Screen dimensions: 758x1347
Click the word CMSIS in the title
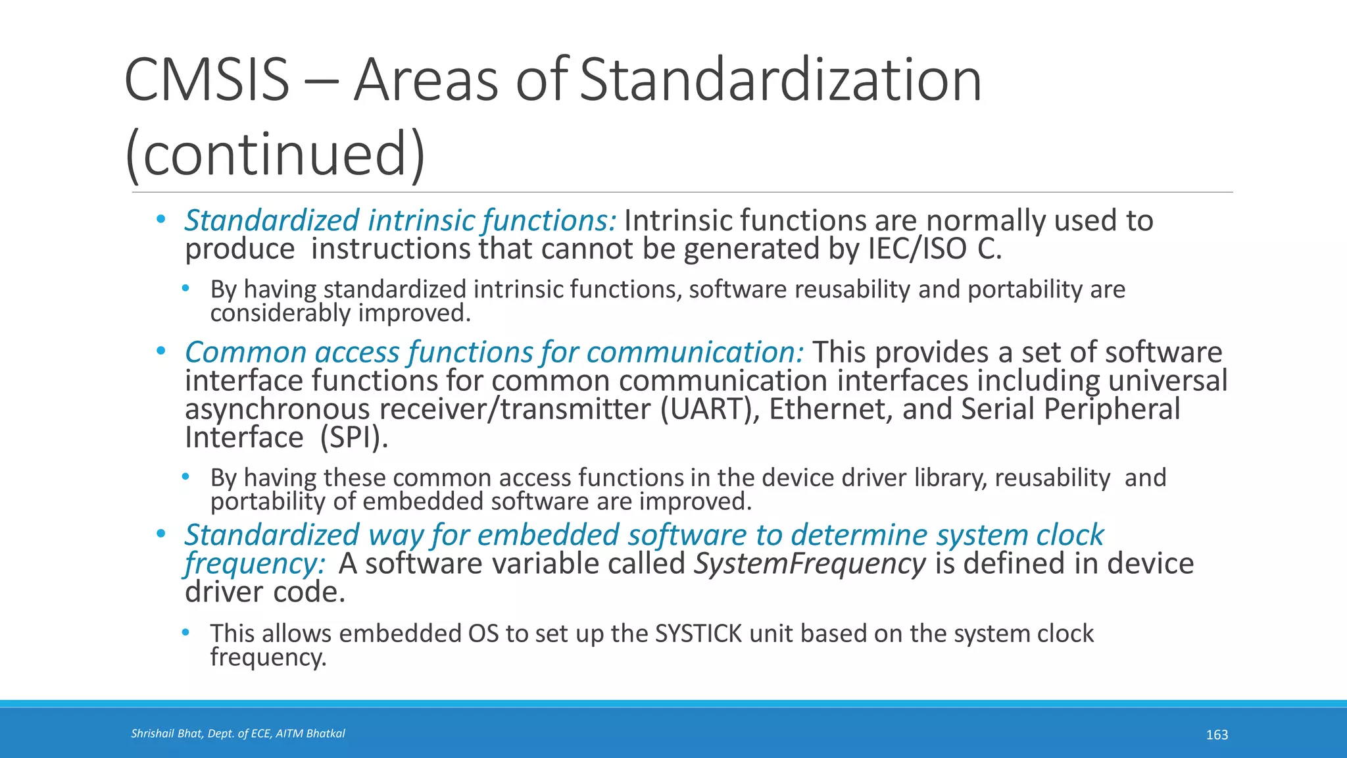point(207,80)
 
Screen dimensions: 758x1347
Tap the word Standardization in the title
point(781,80)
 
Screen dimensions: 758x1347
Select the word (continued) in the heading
point(275,154)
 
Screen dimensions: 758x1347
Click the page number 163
point(1217,735)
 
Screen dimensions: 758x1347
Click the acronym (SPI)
point(354,438)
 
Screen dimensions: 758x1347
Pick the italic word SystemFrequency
point(810,564)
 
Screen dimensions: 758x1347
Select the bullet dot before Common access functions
point(160,351)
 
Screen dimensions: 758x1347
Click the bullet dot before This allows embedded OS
point(186,632)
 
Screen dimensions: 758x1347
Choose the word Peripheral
point(1112,409)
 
